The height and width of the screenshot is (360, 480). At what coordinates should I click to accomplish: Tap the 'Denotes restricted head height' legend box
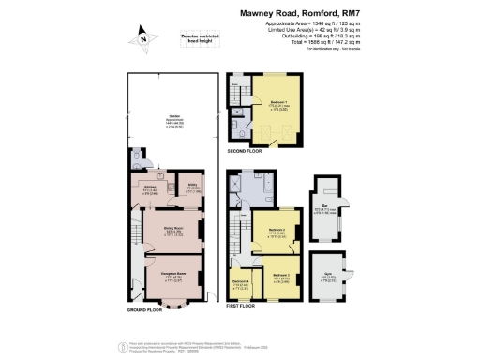pos(197,38)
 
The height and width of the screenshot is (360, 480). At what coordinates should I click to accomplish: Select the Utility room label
pos(192,188)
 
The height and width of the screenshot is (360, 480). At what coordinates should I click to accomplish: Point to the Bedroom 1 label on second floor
pos(279,105)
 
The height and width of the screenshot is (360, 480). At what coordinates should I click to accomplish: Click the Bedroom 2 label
pos(276,232)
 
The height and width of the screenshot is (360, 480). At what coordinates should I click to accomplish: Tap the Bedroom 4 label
pos(241,284)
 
